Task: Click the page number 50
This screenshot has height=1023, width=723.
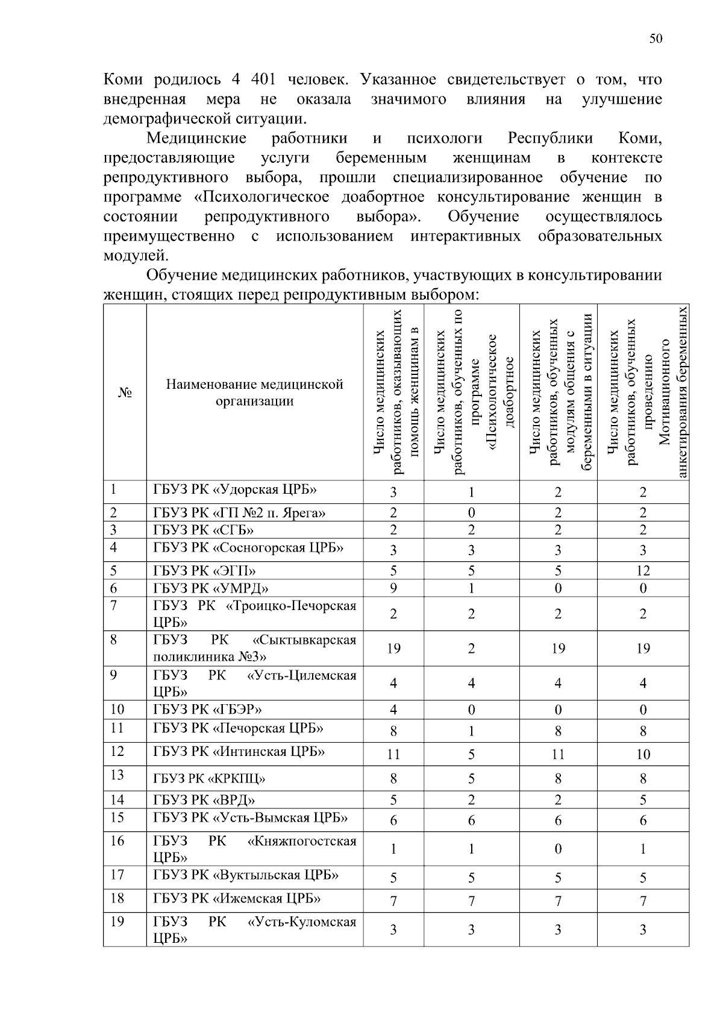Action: (656, 39)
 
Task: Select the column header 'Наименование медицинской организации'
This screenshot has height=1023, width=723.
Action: (254, 392)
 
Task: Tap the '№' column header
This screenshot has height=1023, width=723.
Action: (125, 392)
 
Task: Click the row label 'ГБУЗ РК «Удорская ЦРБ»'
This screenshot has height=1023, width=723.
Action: (234, 489)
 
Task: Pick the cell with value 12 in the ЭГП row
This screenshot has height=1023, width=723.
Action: (643, 571)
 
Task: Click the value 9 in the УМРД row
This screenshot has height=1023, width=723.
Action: (393, 588)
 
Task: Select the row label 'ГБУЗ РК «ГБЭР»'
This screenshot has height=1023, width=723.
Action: (207, 709)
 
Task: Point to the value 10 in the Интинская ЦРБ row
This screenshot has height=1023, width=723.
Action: (643, 754)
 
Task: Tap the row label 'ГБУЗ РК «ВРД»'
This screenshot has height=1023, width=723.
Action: (204, 800)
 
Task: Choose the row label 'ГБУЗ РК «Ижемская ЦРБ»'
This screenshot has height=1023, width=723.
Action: (237, 899)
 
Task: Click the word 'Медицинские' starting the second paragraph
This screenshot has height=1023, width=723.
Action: (196, 139)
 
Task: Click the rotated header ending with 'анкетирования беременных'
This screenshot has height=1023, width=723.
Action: (643, 392)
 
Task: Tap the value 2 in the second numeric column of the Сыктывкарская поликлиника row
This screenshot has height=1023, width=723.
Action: (471, 649)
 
